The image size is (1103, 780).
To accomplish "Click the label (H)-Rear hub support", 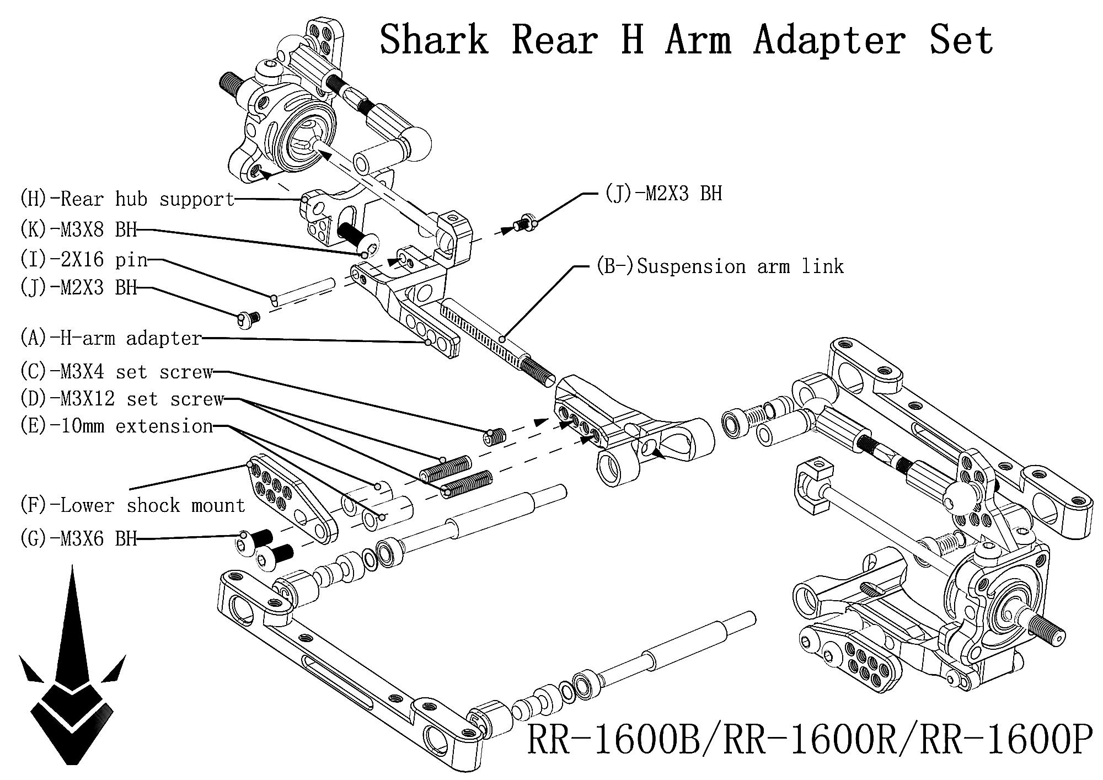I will [127, 199].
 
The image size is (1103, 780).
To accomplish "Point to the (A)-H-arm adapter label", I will [111, 338].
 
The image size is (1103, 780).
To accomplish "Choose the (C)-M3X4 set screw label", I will [116, 372].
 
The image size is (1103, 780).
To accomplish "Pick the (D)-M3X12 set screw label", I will [122, 399].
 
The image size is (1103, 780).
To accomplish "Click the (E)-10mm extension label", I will [116, 426].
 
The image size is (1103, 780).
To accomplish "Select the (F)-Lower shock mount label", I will [132, 505].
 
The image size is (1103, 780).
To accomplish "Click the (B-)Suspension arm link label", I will [720, 266].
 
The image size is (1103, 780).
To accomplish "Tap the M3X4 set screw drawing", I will [495, 437].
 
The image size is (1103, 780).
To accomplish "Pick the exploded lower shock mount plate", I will [292, 499].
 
